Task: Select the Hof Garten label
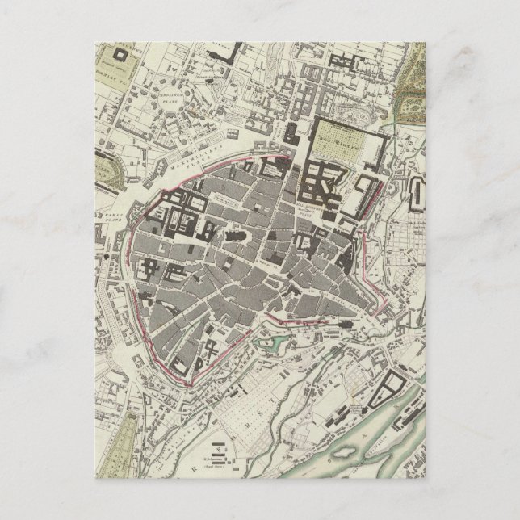pyautogui.click(x=339, y=136)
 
